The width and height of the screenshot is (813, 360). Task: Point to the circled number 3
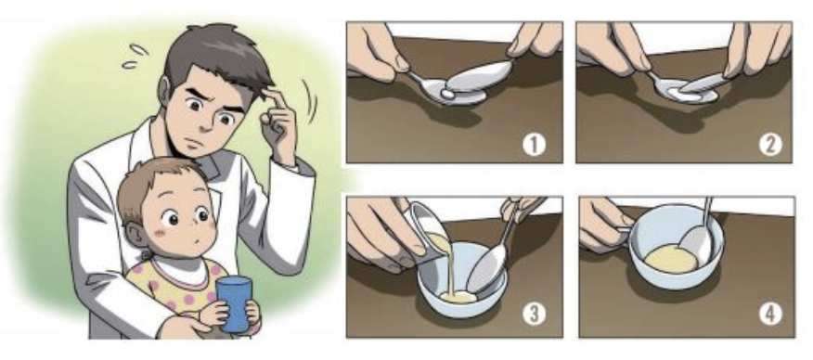coord(537,314)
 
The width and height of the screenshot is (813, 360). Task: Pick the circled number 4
coord(768,314)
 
